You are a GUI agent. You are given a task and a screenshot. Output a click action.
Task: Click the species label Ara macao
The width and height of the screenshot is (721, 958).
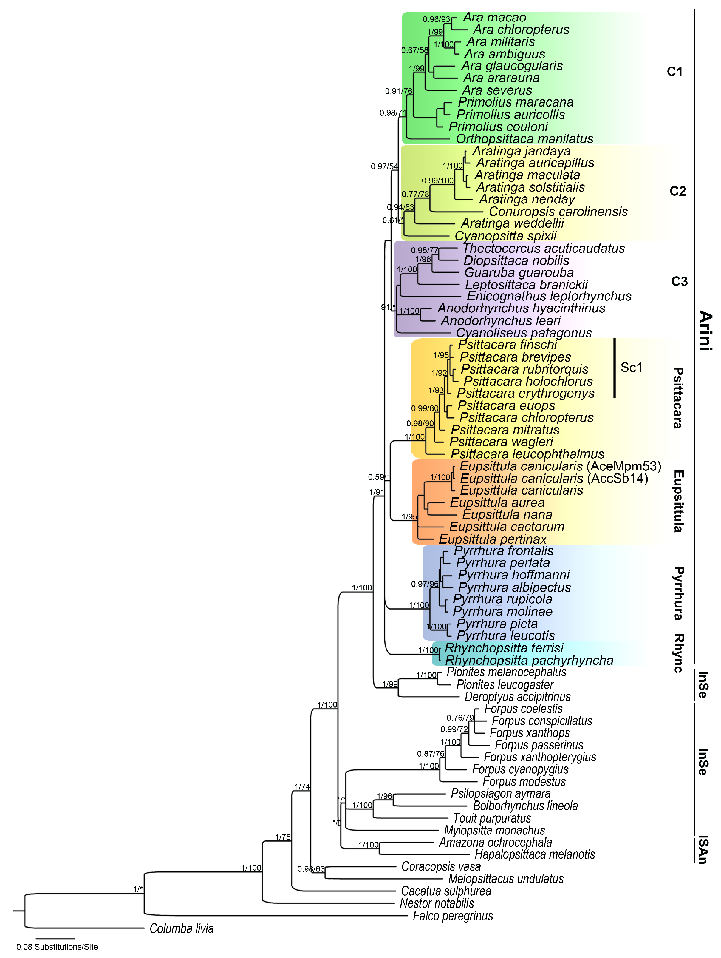tap(494, 17)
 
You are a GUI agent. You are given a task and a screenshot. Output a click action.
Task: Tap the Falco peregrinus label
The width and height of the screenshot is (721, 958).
tap(453, 916)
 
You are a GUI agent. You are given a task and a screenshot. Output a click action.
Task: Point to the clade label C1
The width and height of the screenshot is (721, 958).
tap(674, 72)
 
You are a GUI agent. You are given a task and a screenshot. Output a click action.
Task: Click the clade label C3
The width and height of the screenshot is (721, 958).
tap(679, 282)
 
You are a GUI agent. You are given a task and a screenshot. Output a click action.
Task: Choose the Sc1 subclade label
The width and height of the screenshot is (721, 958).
tap(631, 368)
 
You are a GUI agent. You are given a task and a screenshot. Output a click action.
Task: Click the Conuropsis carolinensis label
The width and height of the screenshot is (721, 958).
tap(558, 212)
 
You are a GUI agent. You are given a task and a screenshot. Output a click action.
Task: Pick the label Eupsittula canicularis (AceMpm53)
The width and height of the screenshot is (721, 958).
tap(560, 466)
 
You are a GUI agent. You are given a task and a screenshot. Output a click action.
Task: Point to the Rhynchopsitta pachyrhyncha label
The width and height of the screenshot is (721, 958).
tap(529, 661)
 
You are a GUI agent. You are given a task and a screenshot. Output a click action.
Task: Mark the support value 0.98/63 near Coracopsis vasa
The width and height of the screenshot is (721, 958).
tap(311, 869)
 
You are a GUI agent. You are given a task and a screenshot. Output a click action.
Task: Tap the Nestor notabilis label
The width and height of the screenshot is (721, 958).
tap(437, 903)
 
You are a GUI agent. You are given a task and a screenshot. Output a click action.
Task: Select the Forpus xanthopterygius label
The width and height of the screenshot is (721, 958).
tap(540, 757)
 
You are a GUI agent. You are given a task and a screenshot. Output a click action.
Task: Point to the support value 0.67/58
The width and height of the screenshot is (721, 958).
tap(414, 50)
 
